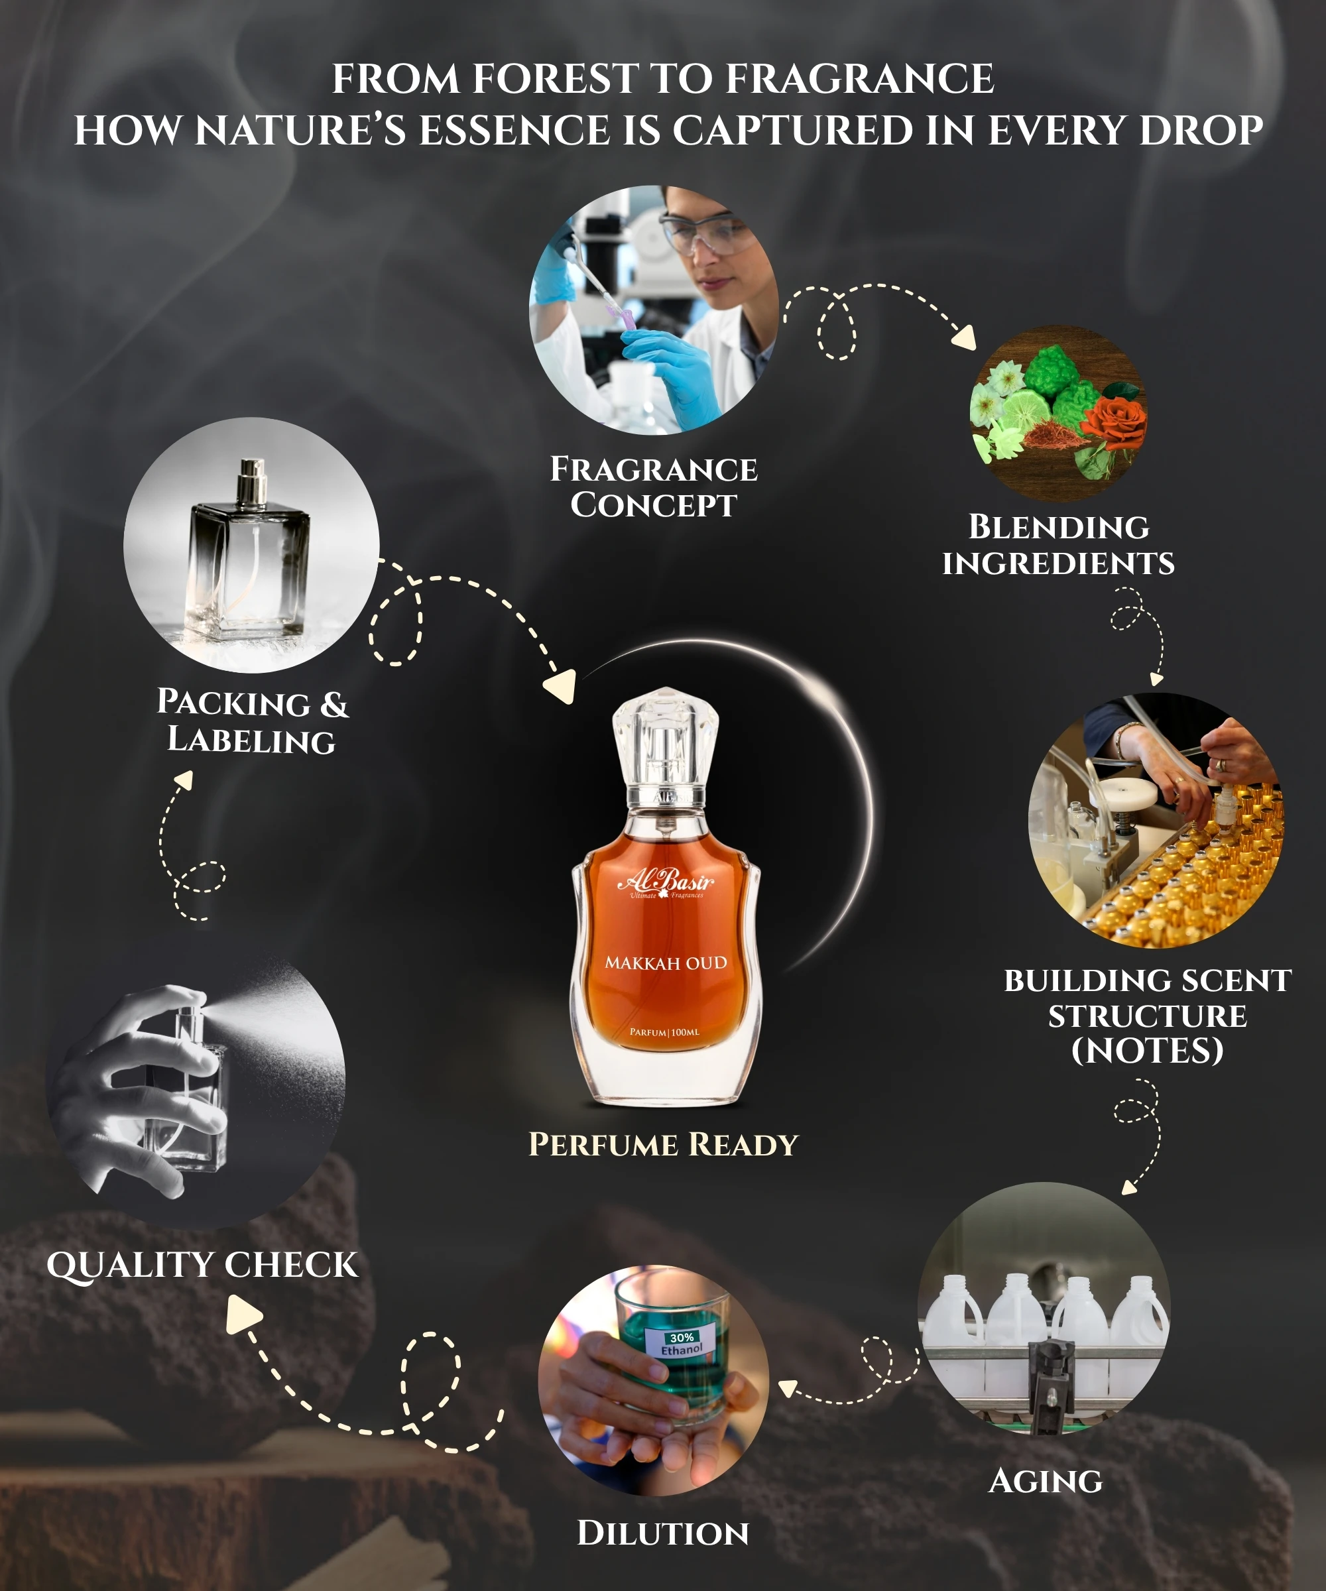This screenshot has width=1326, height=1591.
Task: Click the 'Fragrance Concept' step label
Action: [653, 487]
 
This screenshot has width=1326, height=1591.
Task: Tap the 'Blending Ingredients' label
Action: [1059, 545]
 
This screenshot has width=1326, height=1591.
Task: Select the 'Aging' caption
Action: [1046, 1481]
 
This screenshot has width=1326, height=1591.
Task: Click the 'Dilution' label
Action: [663, 1533]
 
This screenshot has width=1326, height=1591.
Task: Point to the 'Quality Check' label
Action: [202, 1266]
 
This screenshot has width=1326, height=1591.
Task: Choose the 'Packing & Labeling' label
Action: [253, 721]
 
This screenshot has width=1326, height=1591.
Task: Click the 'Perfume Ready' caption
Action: [663, 1144]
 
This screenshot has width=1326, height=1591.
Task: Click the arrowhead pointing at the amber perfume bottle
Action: [561, 686]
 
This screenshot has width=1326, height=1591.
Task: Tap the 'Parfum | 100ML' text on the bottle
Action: [664, 1032]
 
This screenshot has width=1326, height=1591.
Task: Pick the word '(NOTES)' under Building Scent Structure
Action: [1147, 1051]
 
